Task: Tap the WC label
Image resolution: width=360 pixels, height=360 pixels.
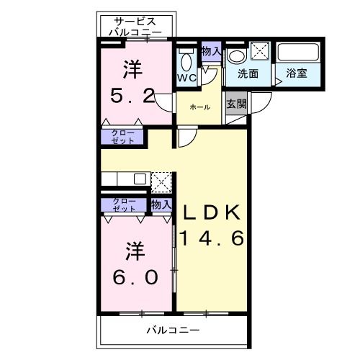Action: pyautogui.click(x=186, y=77)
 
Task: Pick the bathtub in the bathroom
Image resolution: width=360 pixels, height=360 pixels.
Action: pyautogui.click(x=298, y=53)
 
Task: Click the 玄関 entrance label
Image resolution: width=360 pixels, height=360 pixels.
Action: pyautogui.click(x=236, y=104)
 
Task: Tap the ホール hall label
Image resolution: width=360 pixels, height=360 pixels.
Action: pyautogui.click(x=200, y=107)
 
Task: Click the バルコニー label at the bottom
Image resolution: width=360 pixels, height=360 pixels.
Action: pyautogui.click(x=174, y=332)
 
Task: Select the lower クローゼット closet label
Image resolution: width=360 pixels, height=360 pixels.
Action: pyautogui.click(x=124, y=204)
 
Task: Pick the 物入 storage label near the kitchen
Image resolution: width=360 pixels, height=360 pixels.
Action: pyautogui.click(x=161, y=204)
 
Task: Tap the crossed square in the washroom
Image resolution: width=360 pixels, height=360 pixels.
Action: pyautogui.click(x=259, y=51)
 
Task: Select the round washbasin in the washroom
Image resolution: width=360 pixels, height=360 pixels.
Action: pyautogui.click(x=235, y=56)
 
